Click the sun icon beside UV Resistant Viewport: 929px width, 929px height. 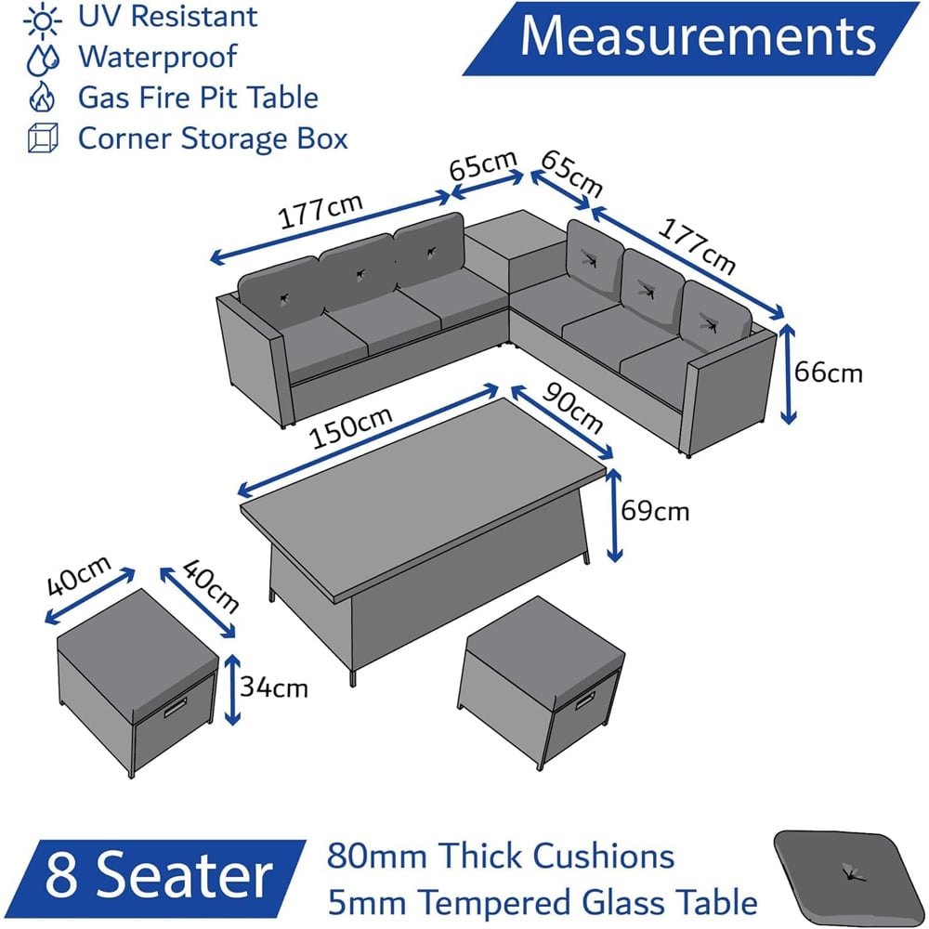tap(42, 20)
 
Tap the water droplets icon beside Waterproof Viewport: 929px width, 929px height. tap(44, 59)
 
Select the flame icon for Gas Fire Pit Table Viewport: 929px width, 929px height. tap(42, 97)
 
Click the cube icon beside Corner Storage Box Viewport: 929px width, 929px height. tap(44, 138)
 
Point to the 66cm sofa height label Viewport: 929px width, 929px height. tap(828, 373)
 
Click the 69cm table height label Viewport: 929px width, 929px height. tap(655, 511)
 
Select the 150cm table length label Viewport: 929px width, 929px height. tap(351, 427)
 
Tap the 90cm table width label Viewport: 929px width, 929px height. tap(571, 408)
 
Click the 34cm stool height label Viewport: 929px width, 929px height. tap(274, 687)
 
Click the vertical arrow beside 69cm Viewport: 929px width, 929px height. tap(614, 515)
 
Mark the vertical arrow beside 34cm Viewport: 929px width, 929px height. tap(233, 689)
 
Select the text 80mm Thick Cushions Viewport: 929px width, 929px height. tap(500, 857)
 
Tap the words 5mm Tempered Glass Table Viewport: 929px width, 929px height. tap(543, 902)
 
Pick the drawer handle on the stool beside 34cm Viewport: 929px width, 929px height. tap(176, 706)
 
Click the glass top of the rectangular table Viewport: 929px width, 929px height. tap(424, 491)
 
